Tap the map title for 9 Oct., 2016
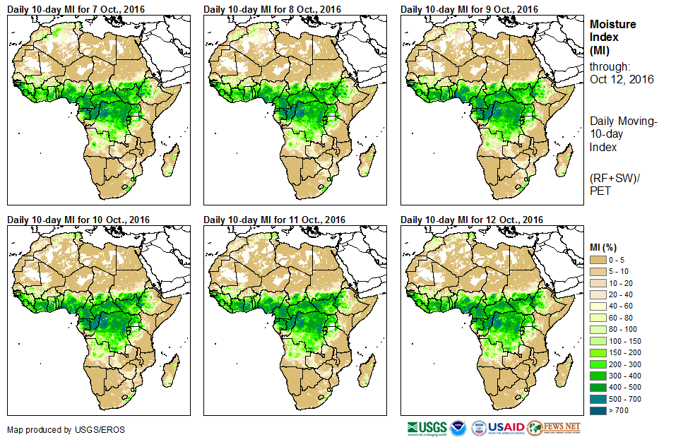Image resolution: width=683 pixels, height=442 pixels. click(470, 8)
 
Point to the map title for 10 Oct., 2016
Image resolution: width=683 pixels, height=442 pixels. click(79, 220)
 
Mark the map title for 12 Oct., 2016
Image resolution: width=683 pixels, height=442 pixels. click(472, 220)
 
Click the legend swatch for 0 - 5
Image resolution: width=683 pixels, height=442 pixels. click(598, 260)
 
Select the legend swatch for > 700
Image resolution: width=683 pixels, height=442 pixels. click(598, 410)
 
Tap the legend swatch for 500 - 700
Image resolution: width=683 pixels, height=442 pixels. click(598, 399)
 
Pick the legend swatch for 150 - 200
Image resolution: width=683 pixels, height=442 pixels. click(598, 352)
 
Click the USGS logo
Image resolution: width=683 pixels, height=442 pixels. click(427, 428)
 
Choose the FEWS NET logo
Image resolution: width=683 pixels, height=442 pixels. click(554, 428)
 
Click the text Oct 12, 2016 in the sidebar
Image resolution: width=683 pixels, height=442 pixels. click(622, 79)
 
